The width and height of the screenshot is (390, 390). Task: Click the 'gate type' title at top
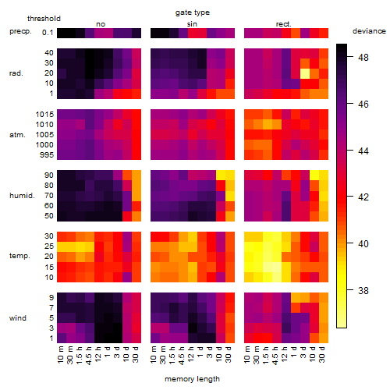[x=193, y=12]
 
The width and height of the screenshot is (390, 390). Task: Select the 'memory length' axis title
[x=192, y=379]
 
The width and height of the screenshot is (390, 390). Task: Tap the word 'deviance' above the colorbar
[x=369, y=31]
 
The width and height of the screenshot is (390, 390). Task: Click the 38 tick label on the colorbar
[x=363, y=290]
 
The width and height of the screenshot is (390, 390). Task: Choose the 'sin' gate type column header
[x=192, y=24]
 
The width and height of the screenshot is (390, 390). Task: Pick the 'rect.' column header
[x=283, y=24]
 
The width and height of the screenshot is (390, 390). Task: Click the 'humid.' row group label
[x=22, y=196]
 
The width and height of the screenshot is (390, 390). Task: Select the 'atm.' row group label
[x=17, y=135]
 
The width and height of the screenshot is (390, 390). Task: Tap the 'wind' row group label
[x=18, y=318]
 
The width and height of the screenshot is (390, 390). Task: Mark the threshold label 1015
[x=44, y=115]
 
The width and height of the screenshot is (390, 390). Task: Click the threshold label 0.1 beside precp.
[x=48, y=33]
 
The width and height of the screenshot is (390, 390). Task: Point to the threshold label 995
[x=47, y=155]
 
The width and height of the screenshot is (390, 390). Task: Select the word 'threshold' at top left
[x=44, y=19]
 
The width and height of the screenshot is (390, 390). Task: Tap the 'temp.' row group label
[x=19, y=256]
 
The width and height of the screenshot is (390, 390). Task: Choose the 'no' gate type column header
[x=101, y=24]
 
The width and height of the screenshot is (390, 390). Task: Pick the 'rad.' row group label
[x=16, y=73]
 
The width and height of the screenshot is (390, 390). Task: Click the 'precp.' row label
[x=20, y=32]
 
